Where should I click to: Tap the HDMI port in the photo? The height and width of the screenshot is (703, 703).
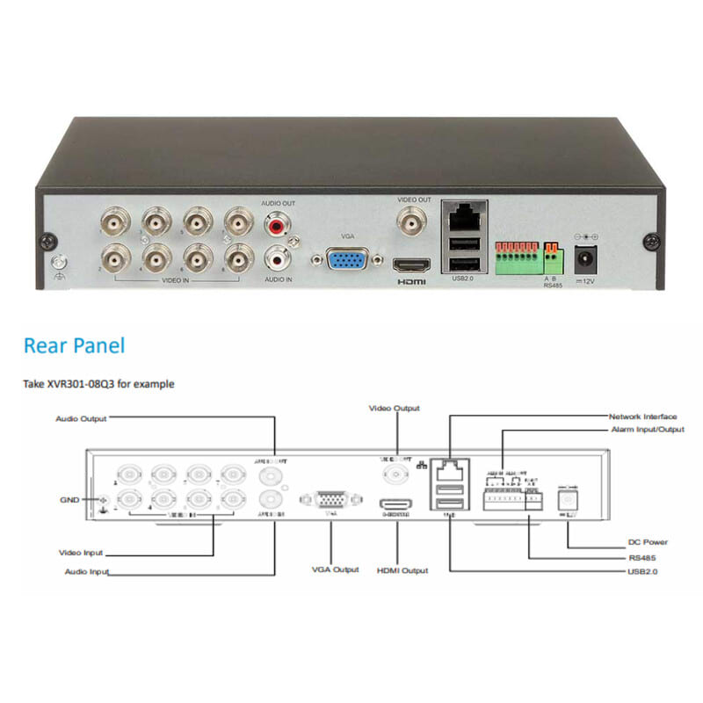point(412,265)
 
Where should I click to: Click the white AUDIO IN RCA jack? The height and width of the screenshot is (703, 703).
point(279,259)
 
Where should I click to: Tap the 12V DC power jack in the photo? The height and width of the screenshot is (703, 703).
point(583,258)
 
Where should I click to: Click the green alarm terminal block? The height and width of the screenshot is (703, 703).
point(517,257)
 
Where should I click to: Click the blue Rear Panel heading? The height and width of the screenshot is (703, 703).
point(74,345)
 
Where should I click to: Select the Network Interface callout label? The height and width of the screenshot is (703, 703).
point(642,416)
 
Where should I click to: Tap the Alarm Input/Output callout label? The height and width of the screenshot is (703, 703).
point(647,430)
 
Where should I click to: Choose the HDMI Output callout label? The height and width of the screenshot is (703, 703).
point(402,570)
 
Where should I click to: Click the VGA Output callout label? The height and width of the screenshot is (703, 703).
point(335,569)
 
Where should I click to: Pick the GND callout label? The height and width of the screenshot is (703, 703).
point(69,500)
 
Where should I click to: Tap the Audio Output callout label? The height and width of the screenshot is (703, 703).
point(81,419)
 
